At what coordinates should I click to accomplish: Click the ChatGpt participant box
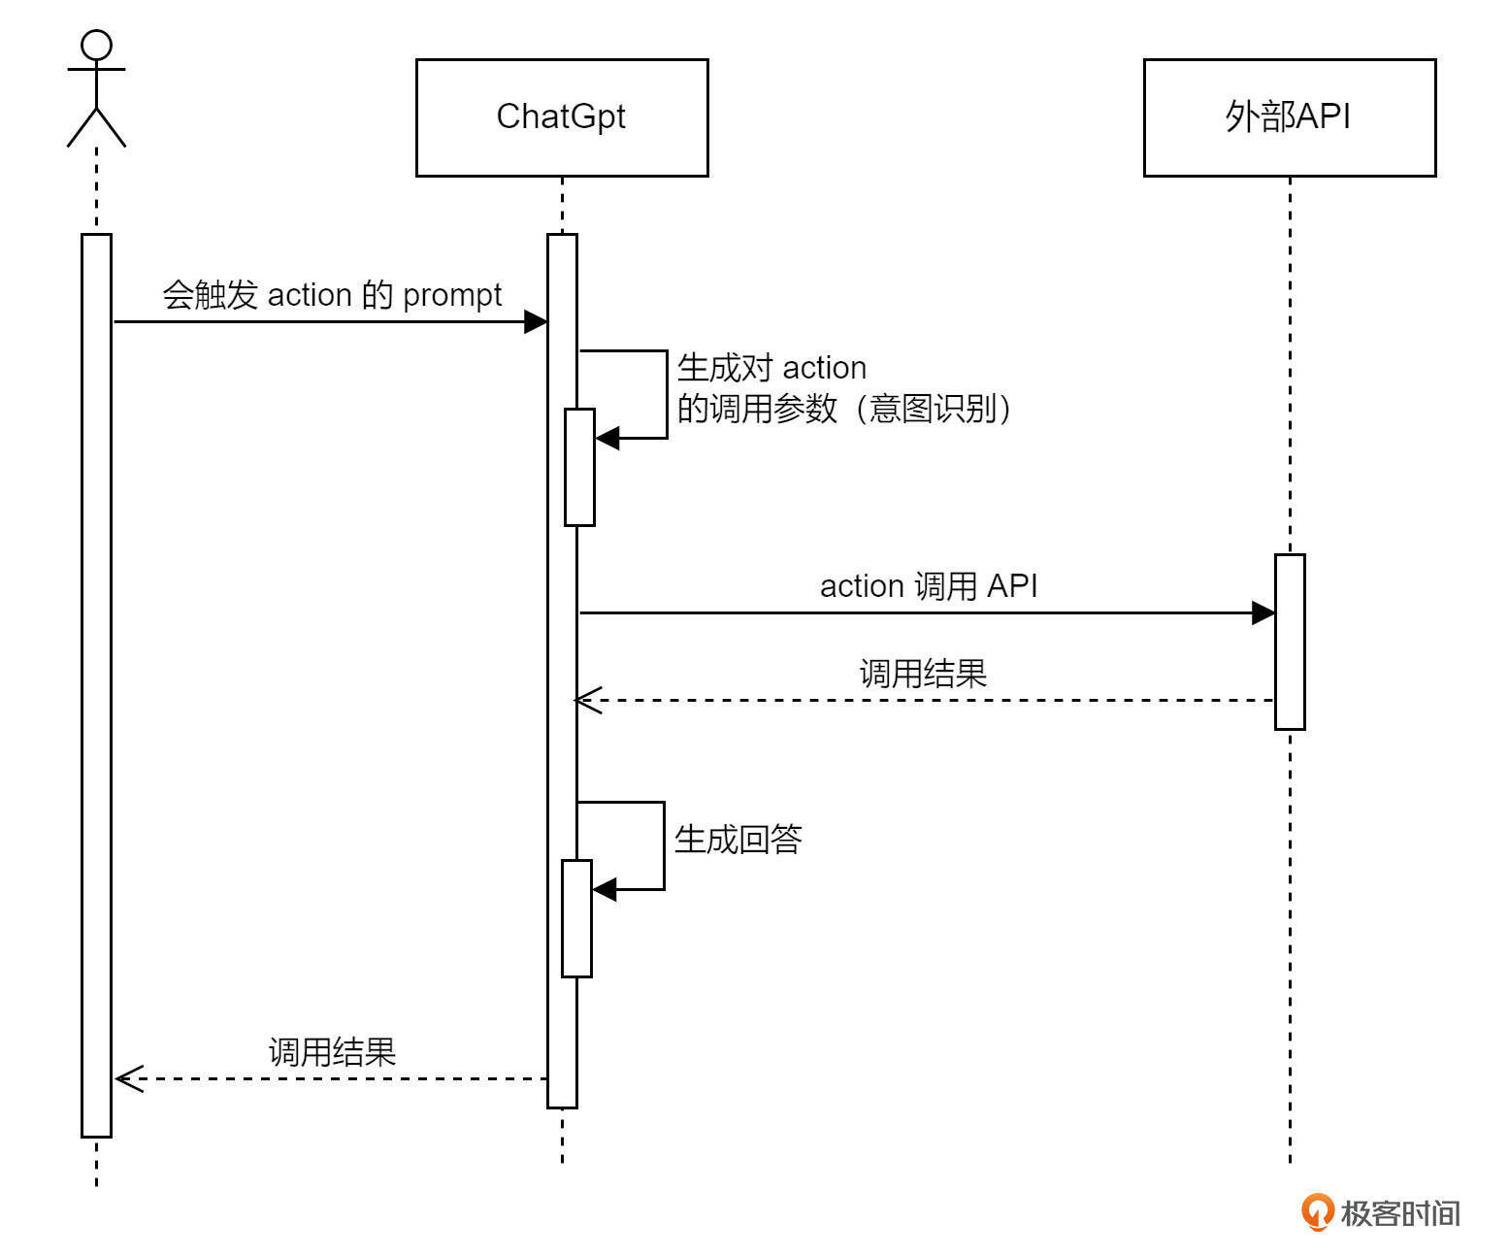[562, 117]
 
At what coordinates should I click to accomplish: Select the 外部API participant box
[1289, 117]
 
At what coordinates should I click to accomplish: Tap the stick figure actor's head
[96, 45]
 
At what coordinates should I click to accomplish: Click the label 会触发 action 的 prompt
[332, 295]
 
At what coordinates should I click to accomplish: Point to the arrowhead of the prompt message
[536, 321]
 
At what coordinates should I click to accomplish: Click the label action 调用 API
[929, 586]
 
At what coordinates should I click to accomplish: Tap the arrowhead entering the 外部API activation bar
[1263, 612]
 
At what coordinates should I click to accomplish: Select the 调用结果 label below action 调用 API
[923, 674]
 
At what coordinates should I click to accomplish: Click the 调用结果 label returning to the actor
[332, 1052]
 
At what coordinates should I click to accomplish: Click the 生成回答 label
[738, 840]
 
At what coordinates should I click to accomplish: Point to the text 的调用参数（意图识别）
[844, 409]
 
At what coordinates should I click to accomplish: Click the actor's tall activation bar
[96, 684]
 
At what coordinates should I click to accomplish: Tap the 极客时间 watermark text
[1400, 1213]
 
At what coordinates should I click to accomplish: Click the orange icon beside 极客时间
[1317, 1212]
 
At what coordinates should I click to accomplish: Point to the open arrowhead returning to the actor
[128, 1078]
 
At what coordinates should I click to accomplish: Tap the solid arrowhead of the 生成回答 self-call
[604, 889]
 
